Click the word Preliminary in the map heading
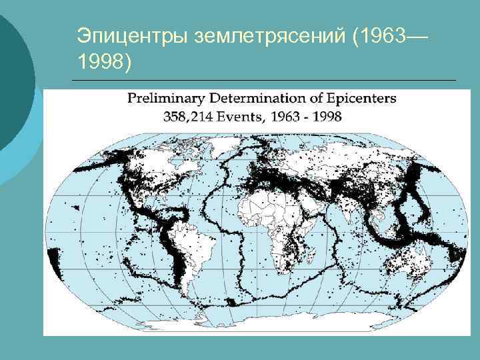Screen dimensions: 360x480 point(167,99)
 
